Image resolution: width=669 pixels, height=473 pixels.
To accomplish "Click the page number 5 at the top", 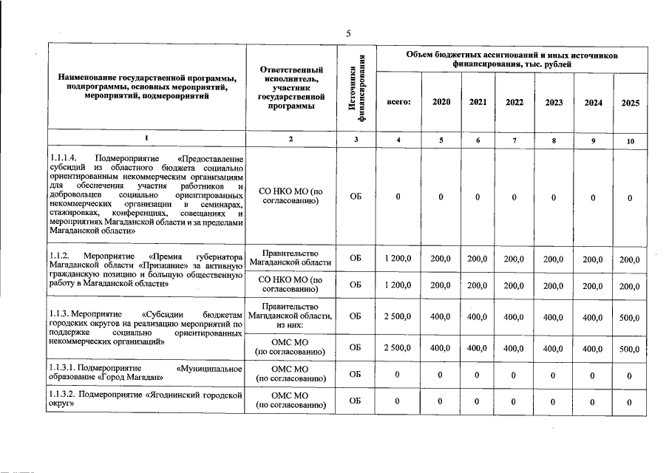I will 347,33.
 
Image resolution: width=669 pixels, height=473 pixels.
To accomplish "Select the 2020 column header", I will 441,102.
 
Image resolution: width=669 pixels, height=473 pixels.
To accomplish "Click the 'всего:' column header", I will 398,102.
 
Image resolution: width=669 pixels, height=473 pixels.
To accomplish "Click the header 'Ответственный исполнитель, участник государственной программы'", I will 291,87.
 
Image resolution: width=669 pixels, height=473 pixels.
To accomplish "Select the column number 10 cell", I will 630,140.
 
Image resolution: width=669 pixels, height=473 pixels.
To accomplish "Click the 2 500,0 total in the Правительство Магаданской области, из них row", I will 398,316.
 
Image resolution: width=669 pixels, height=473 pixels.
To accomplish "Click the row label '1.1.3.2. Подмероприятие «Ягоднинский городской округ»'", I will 146,401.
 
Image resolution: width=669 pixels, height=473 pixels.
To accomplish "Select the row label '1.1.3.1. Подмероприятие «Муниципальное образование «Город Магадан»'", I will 146,372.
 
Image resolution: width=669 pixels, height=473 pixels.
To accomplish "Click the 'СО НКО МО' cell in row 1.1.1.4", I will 291,197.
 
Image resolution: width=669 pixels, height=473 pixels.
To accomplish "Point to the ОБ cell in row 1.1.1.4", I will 356,197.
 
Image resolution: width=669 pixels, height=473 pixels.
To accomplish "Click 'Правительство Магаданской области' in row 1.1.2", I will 291,257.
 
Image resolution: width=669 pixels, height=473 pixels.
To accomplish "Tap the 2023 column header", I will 554,103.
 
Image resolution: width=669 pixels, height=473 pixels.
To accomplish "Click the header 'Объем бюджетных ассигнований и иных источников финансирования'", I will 512,60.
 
